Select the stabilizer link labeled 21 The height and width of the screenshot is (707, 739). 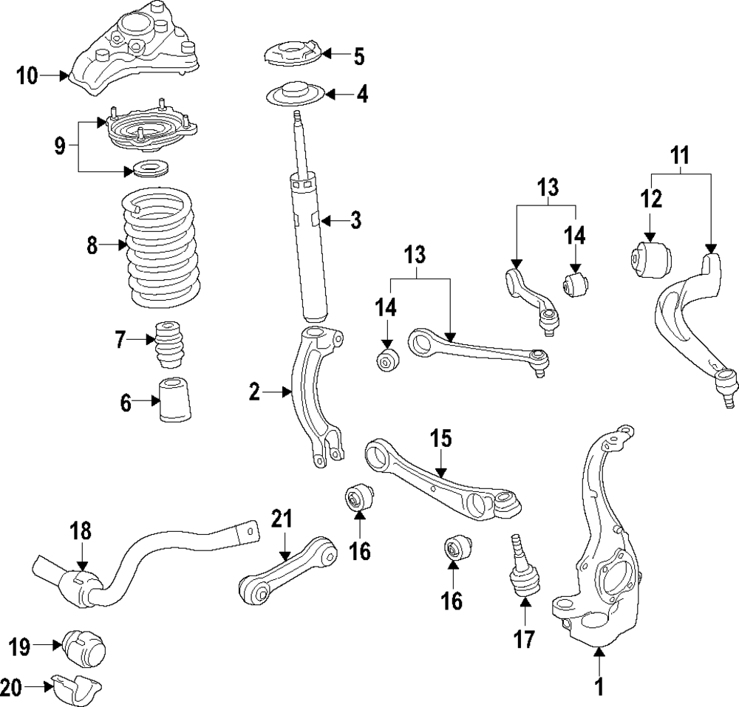click(x=288, y=569)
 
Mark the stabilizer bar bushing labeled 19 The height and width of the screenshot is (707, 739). click(x=86, y=648)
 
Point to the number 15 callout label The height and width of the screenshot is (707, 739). click(x=440, y=440)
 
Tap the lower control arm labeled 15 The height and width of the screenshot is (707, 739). click(x=443, y=480)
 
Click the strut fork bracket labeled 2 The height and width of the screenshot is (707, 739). click(x=315, y=399)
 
